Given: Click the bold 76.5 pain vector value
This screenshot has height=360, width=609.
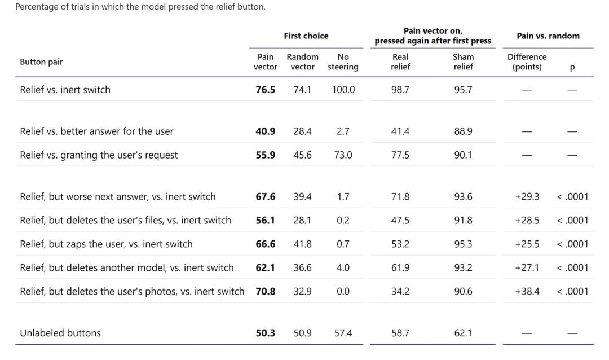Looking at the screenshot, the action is coord(265,89).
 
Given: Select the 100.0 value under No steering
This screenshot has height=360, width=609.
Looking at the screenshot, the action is coord(343,89).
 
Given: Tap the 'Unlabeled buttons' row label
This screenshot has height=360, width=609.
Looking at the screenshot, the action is coord(60,333).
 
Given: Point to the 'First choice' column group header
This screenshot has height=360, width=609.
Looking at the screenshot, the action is coord(306,36).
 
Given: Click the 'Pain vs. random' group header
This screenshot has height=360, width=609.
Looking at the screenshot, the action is coord(548,36).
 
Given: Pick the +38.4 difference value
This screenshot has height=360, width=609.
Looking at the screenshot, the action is coord(527,291).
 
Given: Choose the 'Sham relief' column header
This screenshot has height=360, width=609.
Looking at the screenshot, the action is coord(464,62).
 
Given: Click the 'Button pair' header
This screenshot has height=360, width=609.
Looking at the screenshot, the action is coord(41,62).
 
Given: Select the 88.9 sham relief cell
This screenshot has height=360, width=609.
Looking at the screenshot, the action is coord(464,131).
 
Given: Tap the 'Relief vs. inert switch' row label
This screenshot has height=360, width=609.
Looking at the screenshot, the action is coord(65,89).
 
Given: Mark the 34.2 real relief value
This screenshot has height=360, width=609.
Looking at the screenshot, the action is coord(400,291).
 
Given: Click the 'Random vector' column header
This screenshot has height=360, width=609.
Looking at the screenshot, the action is coord(303,62).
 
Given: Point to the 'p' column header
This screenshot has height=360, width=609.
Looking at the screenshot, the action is coord(572,68).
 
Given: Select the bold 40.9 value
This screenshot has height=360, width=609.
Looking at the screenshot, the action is coord(265,131).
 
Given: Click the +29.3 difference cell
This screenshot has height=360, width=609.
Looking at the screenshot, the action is coord(527,196).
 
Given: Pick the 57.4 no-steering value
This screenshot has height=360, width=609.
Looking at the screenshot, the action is coord(343,333).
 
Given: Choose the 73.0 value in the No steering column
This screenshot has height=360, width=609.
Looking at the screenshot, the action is coord(343,155).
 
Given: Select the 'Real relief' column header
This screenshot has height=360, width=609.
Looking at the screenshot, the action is coord(400,62).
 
